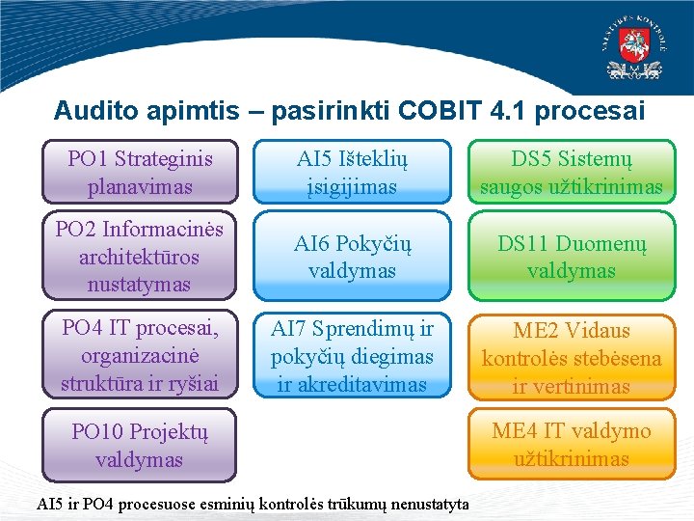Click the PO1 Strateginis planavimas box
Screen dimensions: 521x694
(x=140, y=172)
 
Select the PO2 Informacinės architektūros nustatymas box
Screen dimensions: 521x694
(x=140, y=257)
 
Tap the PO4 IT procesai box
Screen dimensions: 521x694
(x=140, y=356)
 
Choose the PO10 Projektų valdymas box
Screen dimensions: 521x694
(x=140, y=445)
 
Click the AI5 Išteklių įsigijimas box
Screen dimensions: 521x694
(x=352, y=172)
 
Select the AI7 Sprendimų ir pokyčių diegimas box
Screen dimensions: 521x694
(x=352, y=356)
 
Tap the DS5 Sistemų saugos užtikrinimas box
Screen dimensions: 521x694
(x=572, y=172)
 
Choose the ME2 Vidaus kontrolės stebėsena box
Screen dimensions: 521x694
(x=572, y=358)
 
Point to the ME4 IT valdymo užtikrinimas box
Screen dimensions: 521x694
(x=572, y=445)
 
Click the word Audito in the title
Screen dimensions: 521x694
(x=95, y=111)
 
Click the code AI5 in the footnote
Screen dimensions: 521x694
(x=47, y=505)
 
